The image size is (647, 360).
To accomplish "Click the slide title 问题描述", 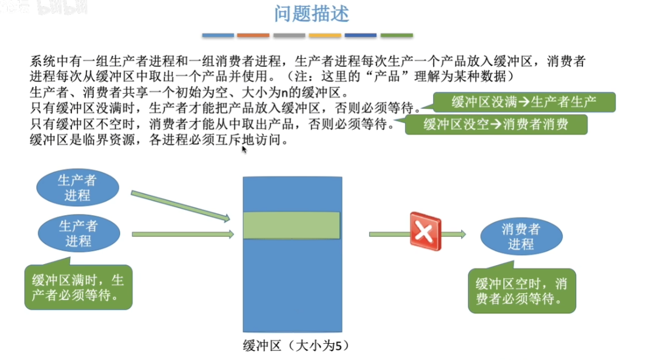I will coord(312,14).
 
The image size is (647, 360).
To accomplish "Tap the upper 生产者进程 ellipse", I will coord(78,188).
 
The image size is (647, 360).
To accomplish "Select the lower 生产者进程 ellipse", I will coord(78,233).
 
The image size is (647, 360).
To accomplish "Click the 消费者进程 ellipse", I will coord(521,236).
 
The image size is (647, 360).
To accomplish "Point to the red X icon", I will coord(425,231).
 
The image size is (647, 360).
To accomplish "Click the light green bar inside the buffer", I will coord(292,225).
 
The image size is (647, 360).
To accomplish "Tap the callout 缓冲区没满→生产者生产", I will coord(524,102).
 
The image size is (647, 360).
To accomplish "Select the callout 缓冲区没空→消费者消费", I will coord(496,124).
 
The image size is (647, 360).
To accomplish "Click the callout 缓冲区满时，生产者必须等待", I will coord(79,287).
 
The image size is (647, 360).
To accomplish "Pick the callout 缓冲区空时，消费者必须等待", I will coord(522,290).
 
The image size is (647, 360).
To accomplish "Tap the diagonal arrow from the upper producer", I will coord(180,206).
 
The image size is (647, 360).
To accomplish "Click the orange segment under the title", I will coord(253,35).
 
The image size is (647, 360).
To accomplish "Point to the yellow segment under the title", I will coord(325,35).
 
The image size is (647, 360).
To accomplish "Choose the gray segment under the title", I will coord(289,35).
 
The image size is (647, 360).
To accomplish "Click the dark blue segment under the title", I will coord(361,35).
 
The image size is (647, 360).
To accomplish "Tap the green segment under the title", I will coord(397,35).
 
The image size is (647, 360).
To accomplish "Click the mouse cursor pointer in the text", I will coord(244,149).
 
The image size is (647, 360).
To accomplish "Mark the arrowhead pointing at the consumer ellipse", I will coord(462,234).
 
